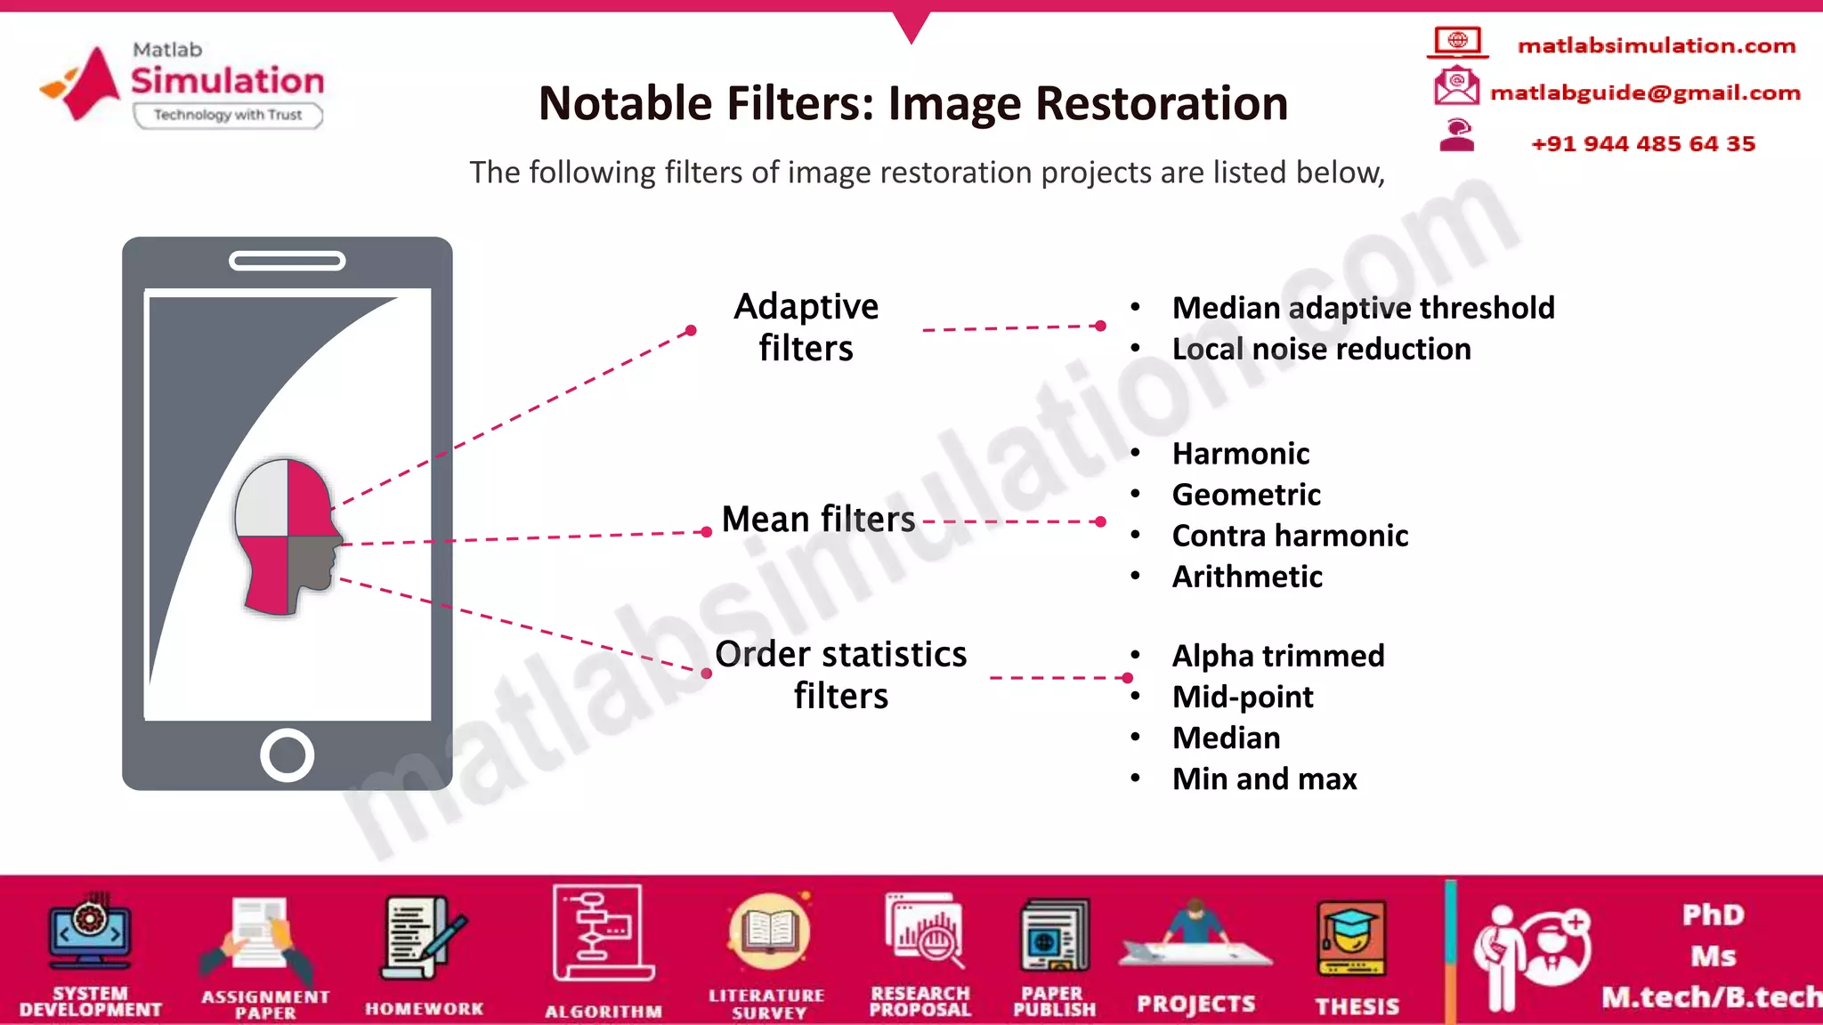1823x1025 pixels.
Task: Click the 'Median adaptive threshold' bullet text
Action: [1363, 308]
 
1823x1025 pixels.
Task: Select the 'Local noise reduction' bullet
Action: [1321, 349]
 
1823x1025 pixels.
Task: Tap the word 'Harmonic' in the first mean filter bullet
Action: [1241, 454]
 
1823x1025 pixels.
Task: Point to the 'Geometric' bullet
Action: [1246, 495]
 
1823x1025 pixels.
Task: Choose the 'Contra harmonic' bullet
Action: [1290, 536]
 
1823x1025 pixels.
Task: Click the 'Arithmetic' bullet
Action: [1247, 577]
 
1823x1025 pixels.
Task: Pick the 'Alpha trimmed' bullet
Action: [1278, 656]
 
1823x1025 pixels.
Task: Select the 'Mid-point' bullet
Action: [1243, 697]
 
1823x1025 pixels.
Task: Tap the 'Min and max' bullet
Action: [1264, 779]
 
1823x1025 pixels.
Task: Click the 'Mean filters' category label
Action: [818, 519]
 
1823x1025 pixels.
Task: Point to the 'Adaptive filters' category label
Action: [806, 327]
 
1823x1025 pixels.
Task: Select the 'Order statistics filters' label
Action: [841, 674]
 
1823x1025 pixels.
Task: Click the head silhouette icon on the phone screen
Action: [288, 537]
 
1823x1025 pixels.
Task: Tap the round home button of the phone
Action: [287, 755]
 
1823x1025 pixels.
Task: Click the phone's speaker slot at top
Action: [287, 261]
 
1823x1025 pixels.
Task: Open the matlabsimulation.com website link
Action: [1656, 45]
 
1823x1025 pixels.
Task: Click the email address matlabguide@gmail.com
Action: [1645, 93]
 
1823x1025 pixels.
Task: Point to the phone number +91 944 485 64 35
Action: [1642, 144]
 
